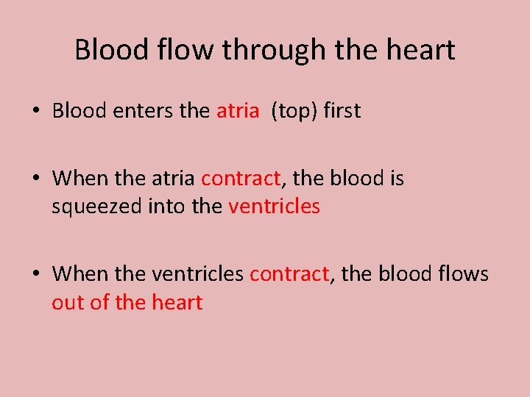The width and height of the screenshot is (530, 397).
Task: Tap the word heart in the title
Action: [423, 50]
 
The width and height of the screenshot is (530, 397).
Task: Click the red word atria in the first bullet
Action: [238, 111]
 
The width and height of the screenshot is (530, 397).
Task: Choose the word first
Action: [343, 111]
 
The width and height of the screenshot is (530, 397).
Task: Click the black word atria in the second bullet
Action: [176, 179]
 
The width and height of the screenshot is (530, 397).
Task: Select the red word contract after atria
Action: [241, 179]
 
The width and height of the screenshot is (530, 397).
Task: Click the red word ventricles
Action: [275, 207]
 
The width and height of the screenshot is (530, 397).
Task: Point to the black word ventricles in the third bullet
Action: [198, 274]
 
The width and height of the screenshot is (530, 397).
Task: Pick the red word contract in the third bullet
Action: [289, 274]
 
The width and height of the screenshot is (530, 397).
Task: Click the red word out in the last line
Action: [68, 302]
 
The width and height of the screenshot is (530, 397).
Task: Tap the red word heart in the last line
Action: [176, 302]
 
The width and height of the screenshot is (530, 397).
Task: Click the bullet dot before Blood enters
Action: [35, 112]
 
